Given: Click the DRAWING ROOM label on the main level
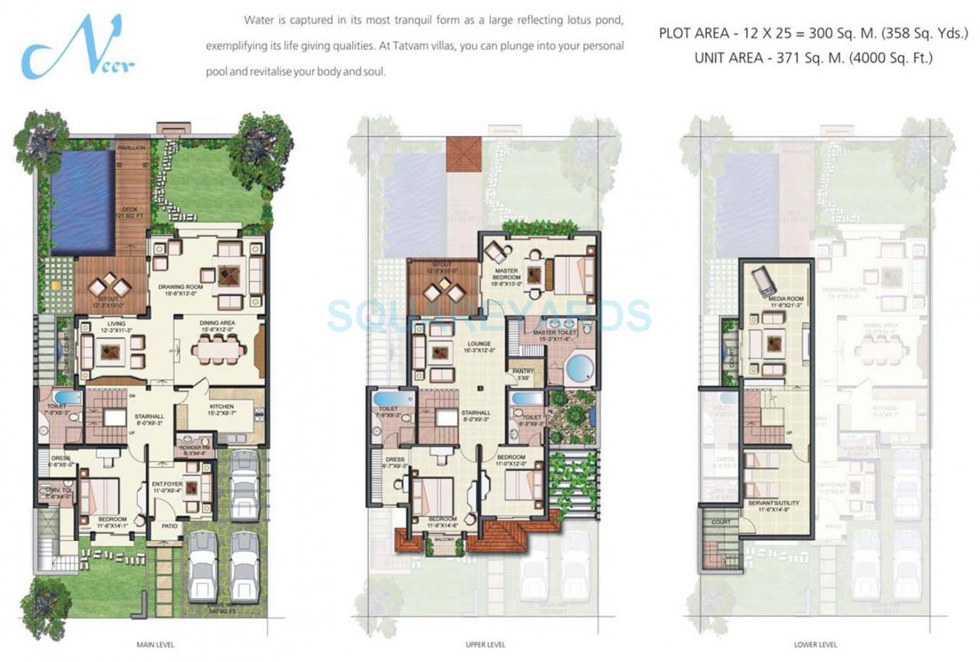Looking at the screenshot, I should pos(181,288).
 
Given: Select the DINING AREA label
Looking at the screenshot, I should pos(217,324).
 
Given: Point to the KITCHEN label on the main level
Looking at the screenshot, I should pos(221,407).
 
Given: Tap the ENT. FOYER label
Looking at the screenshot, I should pos(167,485).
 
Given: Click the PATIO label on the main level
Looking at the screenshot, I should pos(169,526).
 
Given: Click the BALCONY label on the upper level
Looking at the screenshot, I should pos(444,540).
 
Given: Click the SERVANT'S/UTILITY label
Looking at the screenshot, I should pos(774,504).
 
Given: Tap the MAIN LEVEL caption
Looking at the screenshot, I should pos(155,645).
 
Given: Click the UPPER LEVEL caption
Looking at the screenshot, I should pos(485,645).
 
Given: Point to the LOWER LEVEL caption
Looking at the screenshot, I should pos(815,645).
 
